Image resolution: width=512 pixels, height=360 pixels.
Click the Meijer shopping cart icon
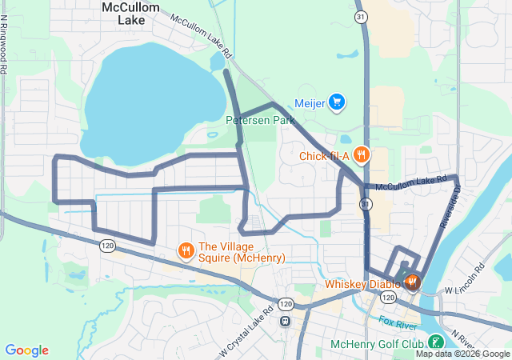337,102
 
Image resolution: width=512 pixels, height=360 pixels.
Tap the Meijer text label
310,102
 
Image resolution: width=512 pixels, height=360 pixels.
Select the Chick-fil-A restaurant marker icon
362,155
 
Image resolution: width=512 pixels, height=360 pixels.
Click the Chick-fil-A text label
325,156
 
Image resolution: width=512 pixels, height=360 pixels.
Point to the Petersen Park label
260,120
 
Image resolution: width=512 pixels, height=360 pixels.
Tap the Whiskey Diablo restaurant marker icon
412,282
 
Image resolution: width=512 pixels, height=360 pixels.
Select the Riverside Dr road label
450,208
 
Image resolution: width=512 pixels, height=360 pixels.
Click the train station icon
284,321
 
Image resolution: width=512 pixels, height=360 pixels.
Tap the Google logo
26,350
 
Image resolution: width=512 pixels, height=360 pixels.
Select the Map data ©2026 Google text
462,354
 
